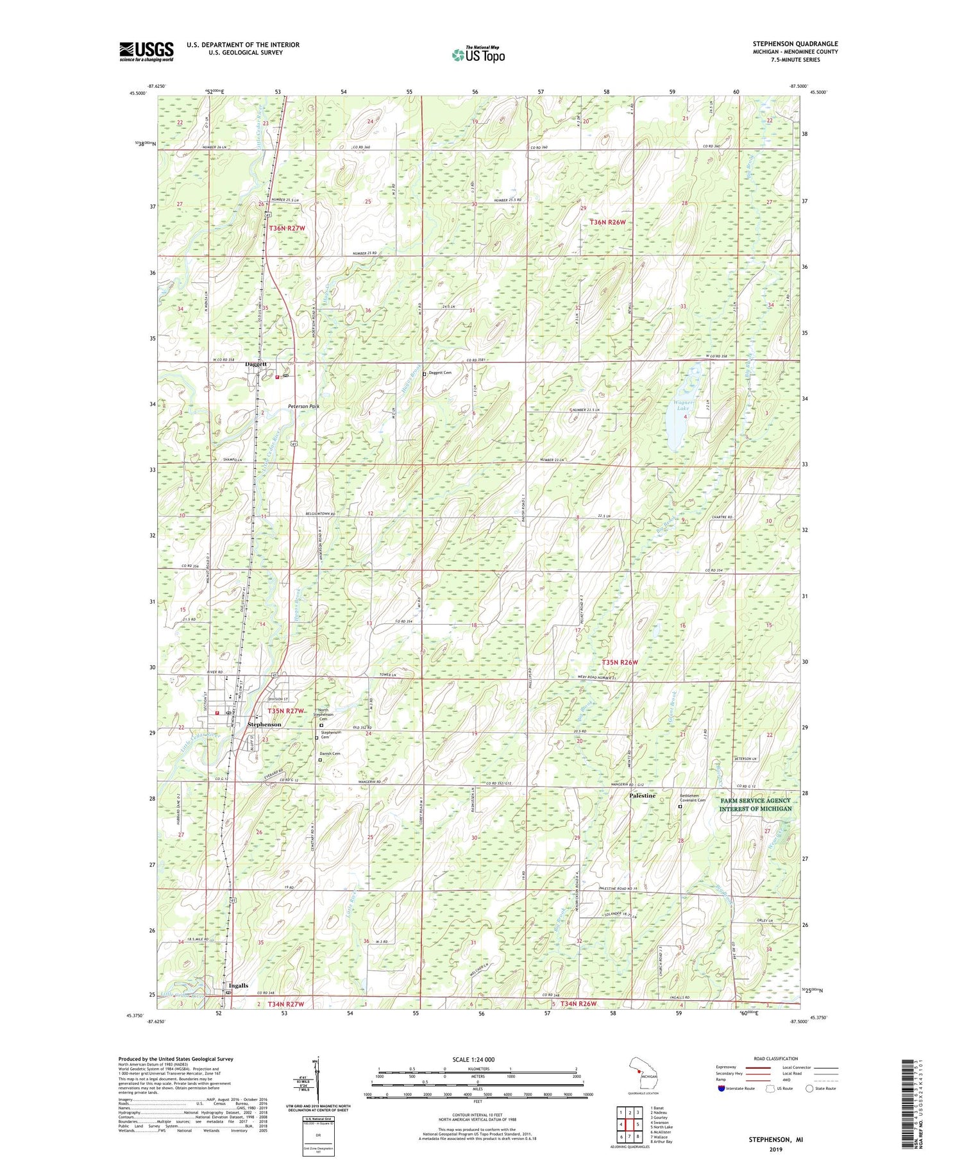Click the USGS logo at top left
[x=146, y=51]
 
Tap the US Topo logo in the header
[x=478, y=55]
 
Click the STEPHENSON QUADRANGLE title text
[x=795, y=44]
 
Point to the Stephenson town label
[x=264, y=724]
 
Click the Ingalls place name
[x=238, y=985]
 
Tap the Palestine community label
[x=642, y=795]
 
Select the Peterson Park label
[x=303, y=406]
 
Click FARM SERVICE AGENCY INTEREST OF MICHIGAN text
[x=755, y=805]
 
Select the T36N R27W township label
[x=286, y=228]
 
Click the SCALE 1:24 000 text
[x=477, y=1059]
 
